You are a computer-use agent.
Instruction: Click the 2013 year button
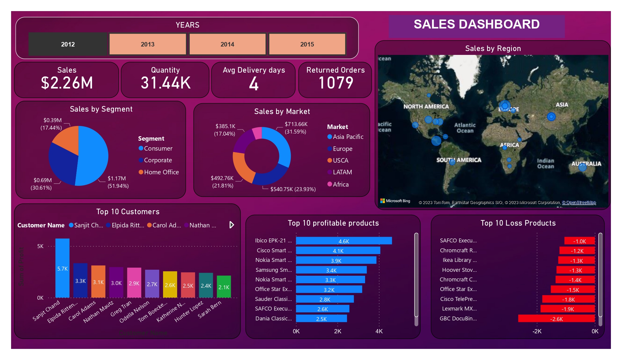(x=147, y=44)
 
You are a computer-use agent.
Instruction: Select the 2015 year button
(x=307, y=44)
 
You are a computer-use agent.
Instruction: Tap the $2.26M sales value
(x=67, y=83)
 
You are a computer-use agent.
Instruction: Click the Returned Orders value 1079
(x=336, y=83)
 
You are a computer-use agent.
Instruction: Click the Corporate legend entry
(x=158, y=160)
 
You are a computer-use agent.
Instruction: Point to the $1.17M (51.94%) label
(x=118, y=182)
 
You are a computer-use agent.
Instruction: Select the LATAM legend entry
(x=342, y=172)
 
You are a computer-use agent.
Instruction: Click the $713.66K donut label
(x=296, y=128)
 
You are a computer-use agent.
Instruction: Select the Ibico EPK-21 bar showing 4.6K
(x=344, y=241)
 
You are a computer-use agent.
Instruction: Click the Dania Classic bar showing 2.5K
(x=321, y=319)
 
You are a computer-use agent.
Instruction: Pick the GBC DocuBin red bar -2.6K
(x=556, y=319)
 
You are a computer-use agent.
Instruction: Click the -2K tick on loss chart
(x=537, y=331)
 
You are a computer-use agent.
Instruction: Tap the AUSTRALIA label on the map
(x=586, y=164)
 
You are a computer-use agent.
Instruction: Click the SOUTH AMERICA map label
(x=459, y=160)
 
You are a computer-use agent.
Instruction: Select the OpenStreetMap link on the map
(x=579, y=202)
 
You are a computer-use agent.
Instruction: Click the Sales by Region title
(x=493, y=49)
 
